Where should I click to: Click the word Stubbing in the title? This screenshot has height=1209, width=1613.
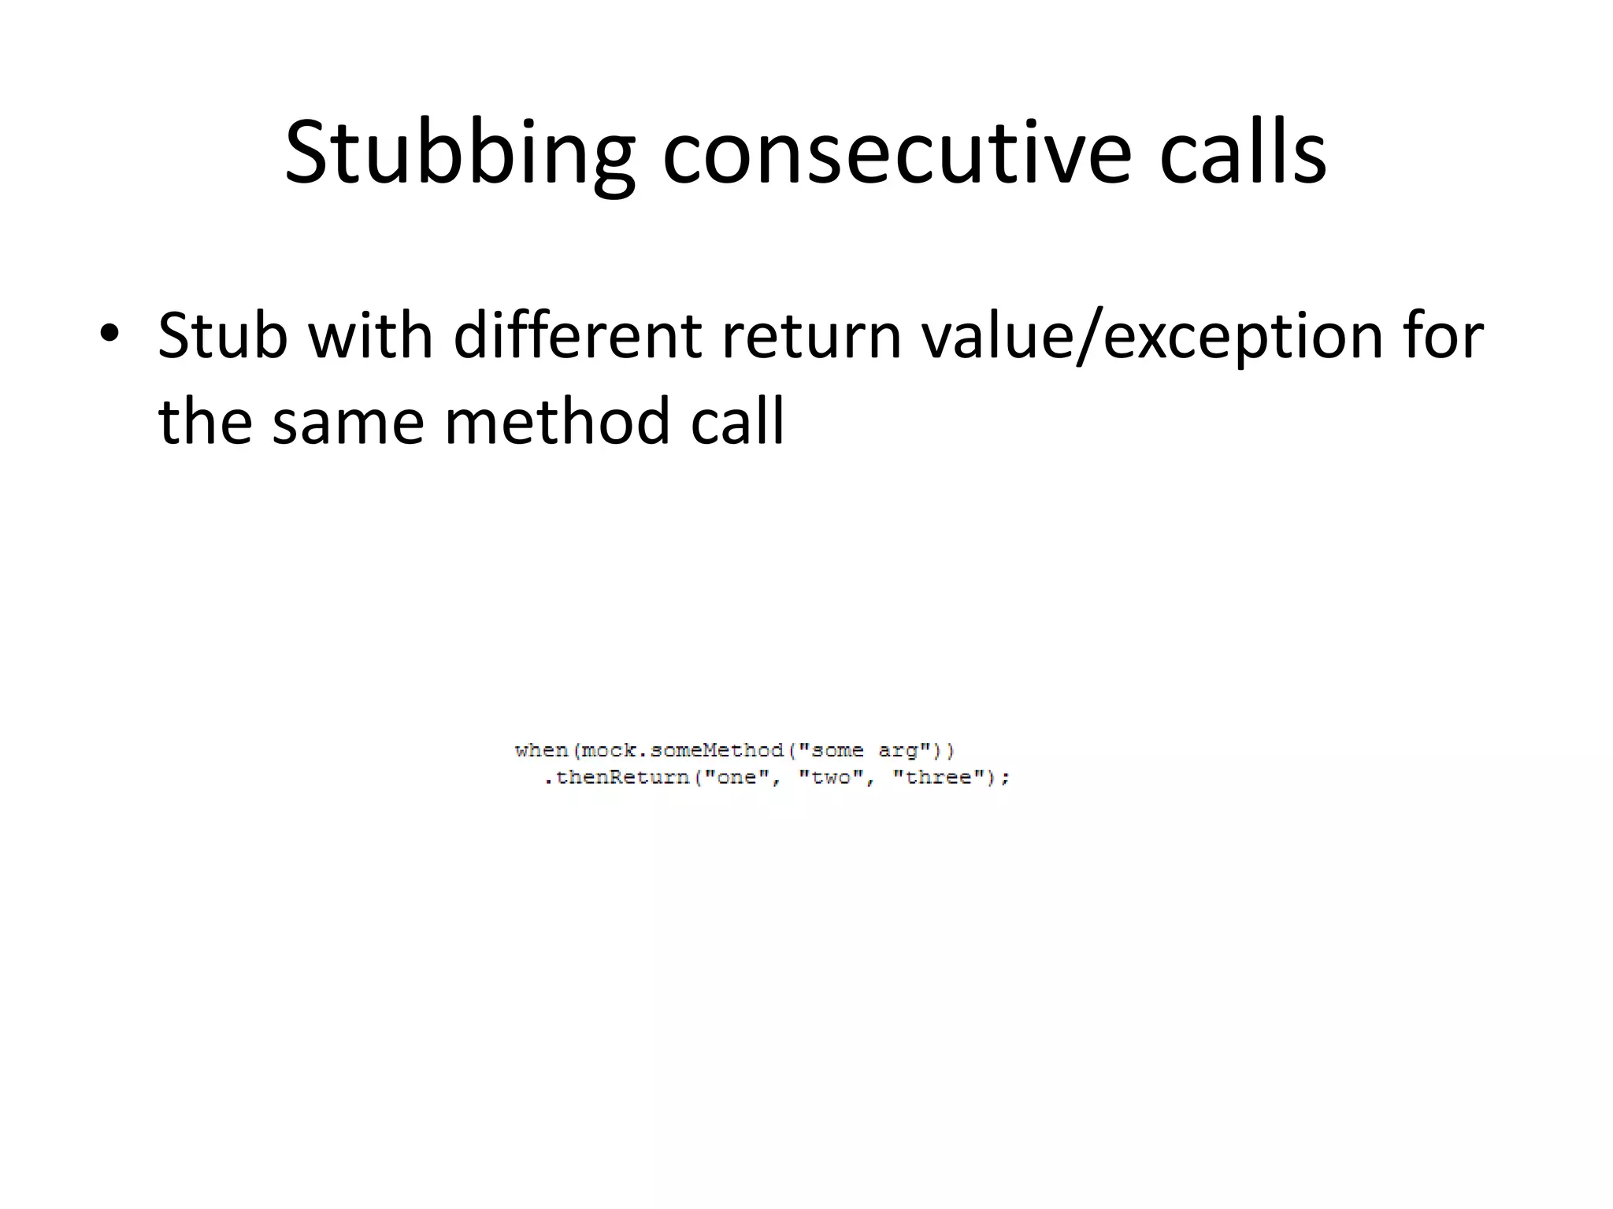pos(459,153)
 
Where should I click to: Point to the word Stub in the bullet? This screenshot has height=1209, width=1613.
pos(223,336)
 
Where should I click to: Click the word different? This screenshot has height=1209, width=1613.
pos(577,336)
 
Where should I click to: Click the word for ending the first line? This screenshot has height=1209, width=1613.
pos(1440,336)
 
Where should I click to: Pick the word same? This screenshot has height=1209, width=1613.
pos(348,422)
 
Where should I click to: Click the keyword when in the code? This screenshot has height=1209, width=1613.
pos(542,751)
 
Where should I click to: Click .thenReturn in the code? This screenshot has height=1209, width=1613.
pos(617,778)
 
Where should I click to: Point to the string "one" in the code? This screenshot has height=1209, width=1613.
pos(736,778)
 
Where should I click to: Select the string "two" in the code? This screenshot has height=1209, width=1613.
pos(831,778)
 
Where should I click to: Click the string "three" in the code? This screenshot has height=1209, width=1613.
pos(940,778)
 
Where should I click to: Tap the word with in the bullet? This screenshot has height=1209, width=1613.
pos(370,336)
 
